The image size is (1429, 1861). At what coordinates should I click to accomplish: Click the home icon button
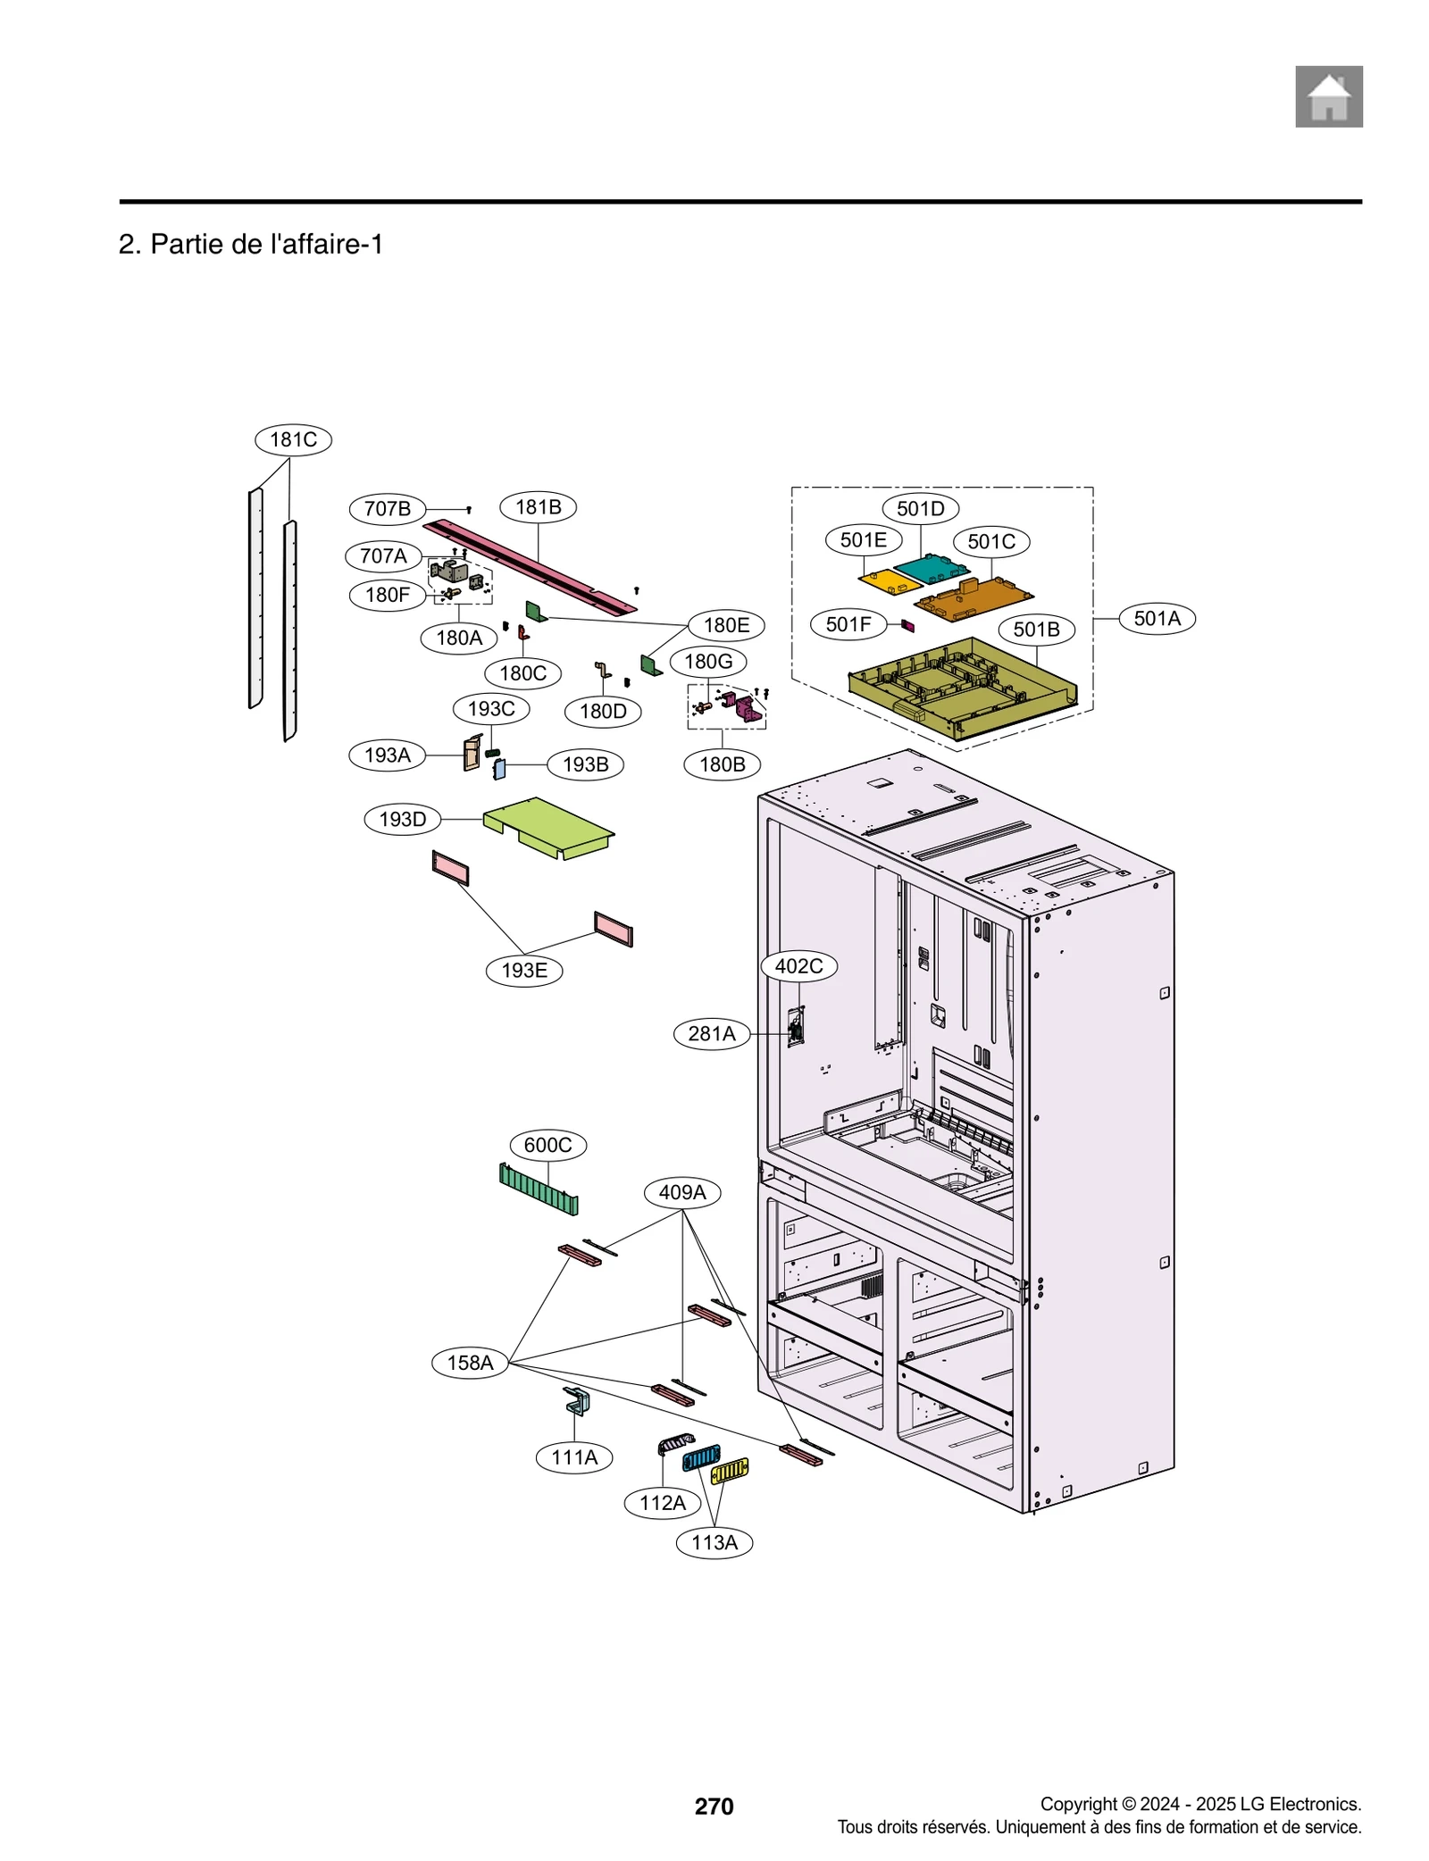coord(1328,96)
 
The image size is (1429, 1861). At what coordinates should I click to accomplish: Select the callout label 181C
coord(293,439)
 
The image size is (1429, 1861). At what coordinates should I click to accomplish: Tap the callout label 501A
coord(1156,618)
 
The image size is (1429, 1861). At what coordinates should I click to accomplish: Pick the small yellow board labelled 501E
coord(889,582)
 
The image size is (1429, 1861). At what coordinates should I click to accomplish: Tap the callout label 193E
coord(524,970)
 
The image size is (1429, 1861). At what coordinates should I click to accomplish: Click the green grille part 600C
coord(539,1189)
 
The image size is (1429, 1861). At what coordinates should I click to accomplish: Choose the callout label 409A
coord(682,1192)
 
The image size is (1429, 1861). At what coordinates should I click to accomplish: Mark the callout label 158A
coord(470,1363)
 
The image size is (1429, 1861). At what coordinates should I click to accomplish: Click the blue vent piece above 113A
coord(701,1458)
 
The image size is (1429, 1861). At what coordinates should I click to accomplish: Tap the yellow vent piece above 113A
coord(730,1469)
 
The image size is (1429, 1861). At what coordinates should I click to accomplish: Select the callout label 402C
coord(798,965)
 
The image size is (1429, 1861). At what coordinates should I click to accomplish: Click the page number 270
coord(714,1806)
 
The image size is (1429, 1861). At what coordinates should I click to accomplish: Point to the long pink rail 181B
coord(531,566)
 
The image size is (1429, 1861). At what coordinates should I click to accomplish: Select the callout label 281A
coord(711,1033)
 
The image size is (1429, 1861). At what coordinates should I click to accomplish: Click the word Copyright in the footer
coord(1078,1804)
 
